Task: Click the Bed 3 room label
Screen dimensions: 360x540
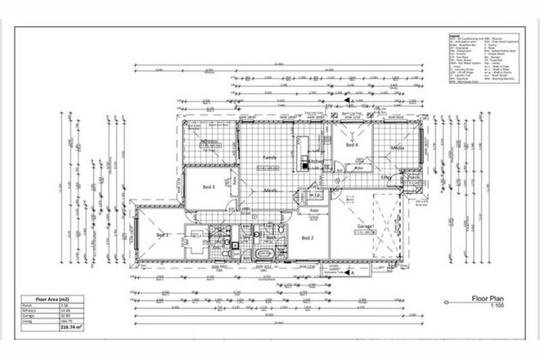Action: coord(208,187)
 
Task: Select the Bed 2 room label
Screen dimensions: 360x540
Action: coord(308,238)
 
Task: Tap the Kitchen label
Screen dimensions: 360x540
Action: coord(317,163)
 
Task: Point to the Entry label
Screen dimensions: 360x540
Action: coord(387,177)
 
